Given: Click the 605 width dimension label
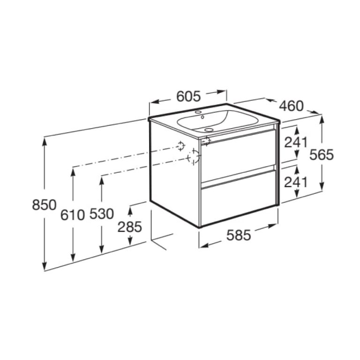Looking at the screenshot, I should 188,96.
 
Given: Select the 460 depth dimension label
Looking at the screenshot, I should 292,107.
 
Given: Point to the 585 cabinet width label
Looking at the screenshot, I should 239,236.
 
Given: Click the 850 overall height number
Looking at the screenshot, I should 44,205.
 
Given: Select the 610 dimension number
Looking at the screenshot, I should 73,214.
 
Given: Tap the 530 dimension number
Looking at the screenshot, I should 101,214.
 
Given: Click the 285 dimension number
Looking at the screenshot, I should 130,227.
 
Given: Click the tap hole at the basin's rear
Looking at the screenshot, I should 198,113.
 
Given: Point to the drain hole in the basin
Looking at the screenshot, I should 209,129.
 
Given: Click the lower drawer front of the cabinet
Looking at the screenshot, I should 238,197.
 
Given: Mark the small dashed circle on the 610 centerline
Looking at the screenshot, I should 180,146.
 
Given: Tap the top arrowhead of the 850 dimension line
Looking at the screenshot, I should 44,140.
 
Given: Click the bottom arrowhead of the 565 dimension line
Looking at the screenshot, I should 322,188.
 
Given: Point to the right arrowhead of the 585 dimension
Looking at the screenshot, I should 274,226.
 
